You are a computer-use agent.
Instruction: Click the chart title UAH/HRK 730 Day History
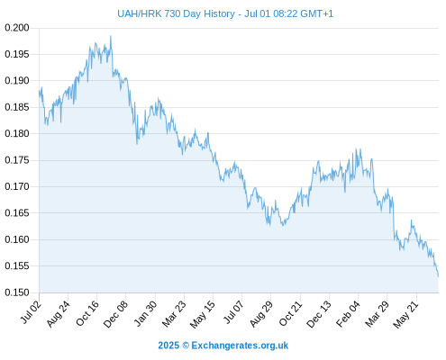176,13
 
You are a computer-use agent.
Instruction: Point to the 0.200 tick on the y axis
17,28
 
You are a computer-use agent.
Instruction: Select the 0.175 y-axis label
17,160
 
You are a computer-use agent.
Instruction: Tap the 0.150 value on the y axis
17,292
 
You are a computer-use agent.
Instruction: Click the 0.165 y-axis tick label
17,213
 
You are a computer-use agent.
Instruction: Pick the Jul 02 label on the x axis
32,312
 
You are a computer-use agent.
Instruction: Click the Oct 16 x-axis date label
87,313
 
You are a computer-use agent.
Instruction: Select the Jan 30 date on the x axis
146,313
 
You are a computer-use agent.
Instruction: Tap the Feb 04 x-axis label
348,313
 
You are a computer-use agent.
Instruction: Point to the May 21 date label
405,314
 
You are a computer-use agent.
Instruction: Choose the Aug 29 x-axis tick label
261,314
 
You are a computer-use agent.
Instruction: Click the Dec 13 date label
319,314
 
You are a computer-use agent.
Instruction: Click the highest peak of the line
111,36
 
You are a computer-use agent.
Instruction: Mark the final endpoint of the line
438,276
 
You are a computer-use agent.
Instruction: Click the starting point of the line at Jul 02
39,91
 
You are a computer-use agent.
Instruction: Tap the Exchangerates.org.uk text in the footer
240,346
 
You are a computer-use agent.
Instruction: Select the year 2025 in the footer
168,346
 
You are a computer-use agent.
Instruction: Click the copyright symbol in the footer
186,346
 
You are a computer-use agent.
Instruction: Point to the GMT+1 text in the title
316,13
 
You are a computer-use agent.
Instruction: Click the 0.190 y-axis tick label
17,81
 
